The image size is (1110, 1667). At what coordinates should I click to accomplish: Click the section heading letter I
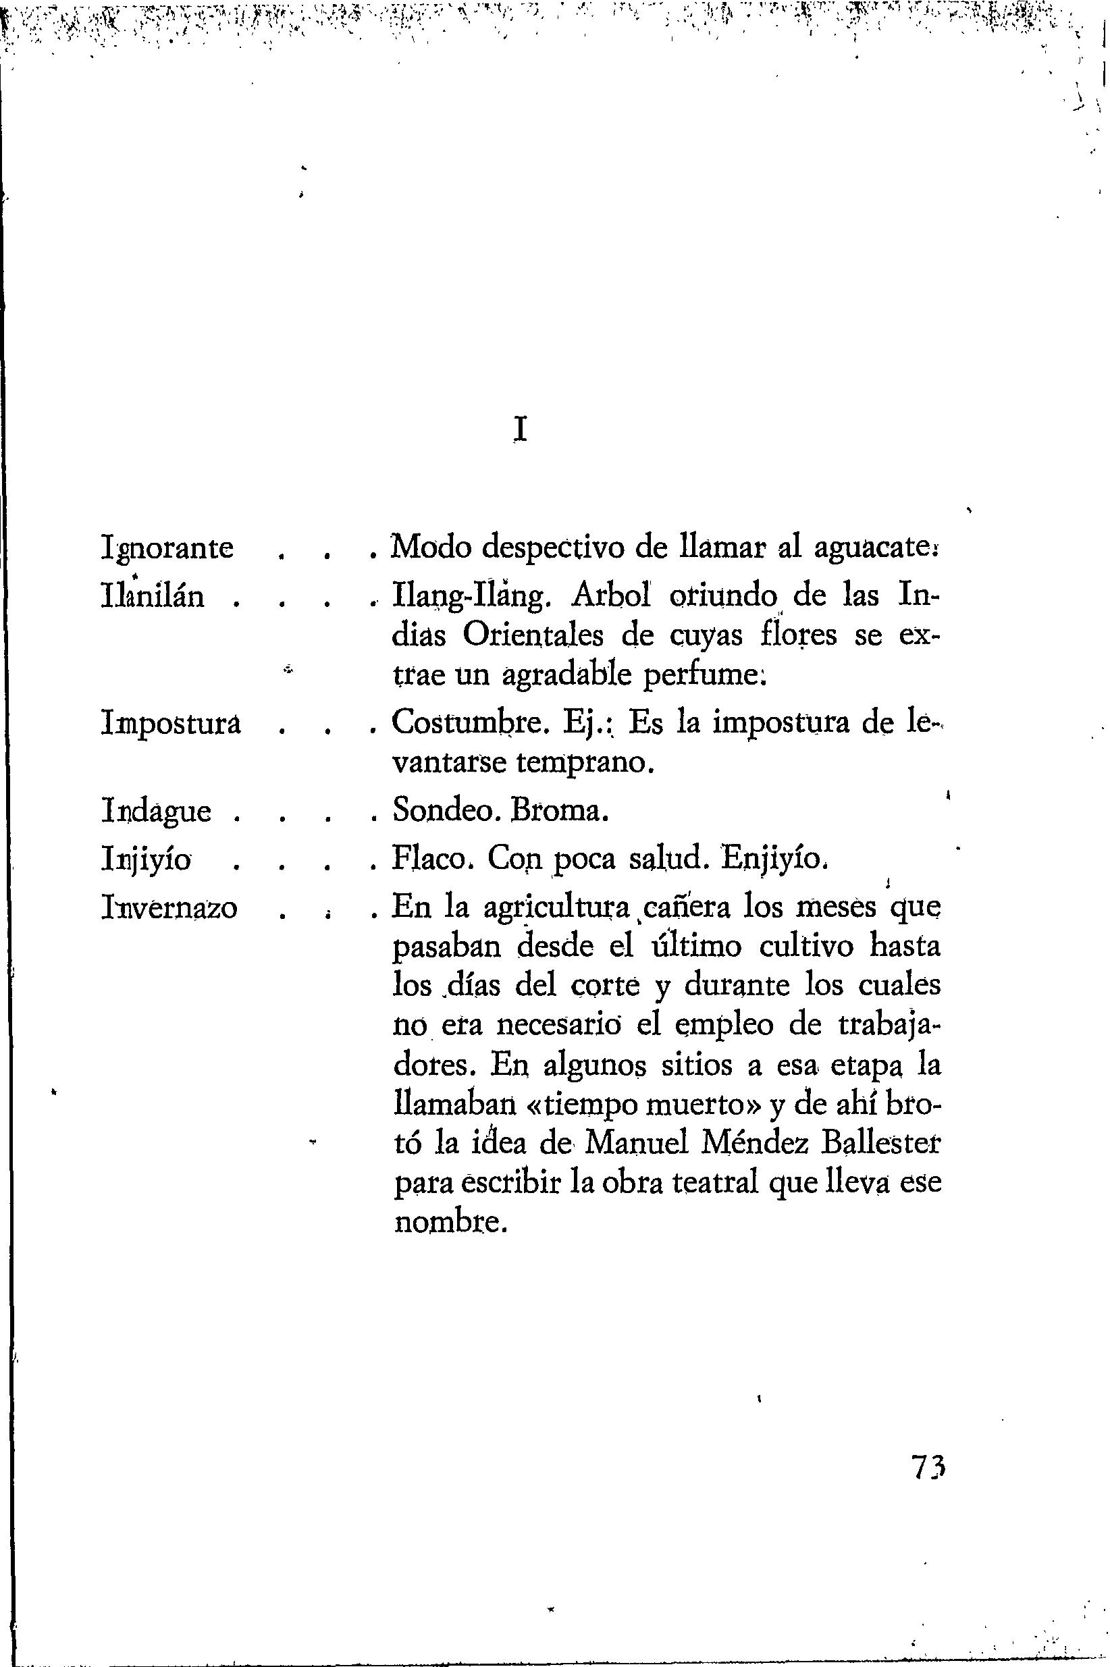coord(521,429)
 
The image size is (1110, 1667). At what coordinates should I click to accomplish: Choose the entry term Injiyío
coord(147,860)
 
